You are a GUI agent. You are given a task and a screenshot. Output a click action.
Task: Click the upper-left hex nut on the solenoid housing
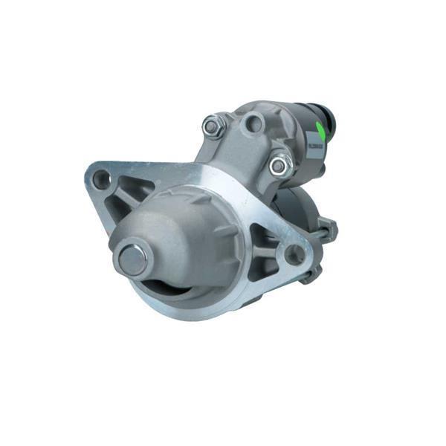point(213,126)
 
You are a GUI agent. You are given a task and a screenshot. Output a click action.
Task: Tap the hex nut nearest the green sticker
point(279,165)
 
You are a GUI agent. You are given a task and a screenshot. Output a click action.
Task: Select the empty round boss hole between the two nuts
point(253,123)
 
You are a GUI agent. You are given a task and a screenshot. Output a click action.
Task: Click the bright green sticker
point(320,132)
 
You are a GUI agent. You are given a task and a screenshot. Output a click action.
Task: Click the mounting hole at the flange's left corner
point(100,179)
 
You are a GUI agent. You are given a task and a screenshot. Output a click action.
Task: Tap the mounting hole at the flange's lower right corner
point(294,255)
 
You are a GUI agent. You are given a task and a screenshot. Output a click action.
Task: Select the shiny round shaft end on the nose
point(132,258)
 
